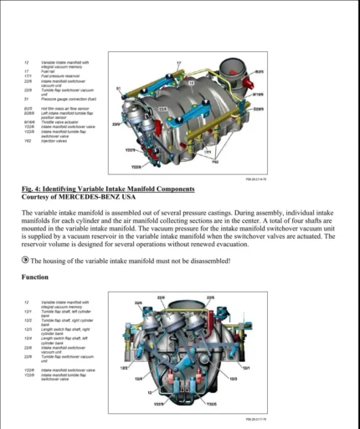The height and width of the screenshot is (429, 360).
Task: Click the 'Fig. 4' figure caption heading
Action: coord(110,189)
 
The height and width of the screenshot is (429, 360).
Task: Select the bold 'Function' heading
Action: coord(35,277)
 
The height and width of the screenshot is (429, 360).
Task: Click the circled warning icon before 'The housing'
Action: coord(25,261)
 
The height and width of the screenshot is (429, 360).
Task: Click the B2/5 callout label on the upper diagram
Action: coord(259,71)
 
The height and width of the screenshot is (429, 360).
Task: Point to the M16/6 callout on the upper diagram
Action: coord(259,95)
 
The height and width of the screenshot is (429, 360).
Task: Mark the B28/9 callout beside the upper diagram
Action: coord(259,109)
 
